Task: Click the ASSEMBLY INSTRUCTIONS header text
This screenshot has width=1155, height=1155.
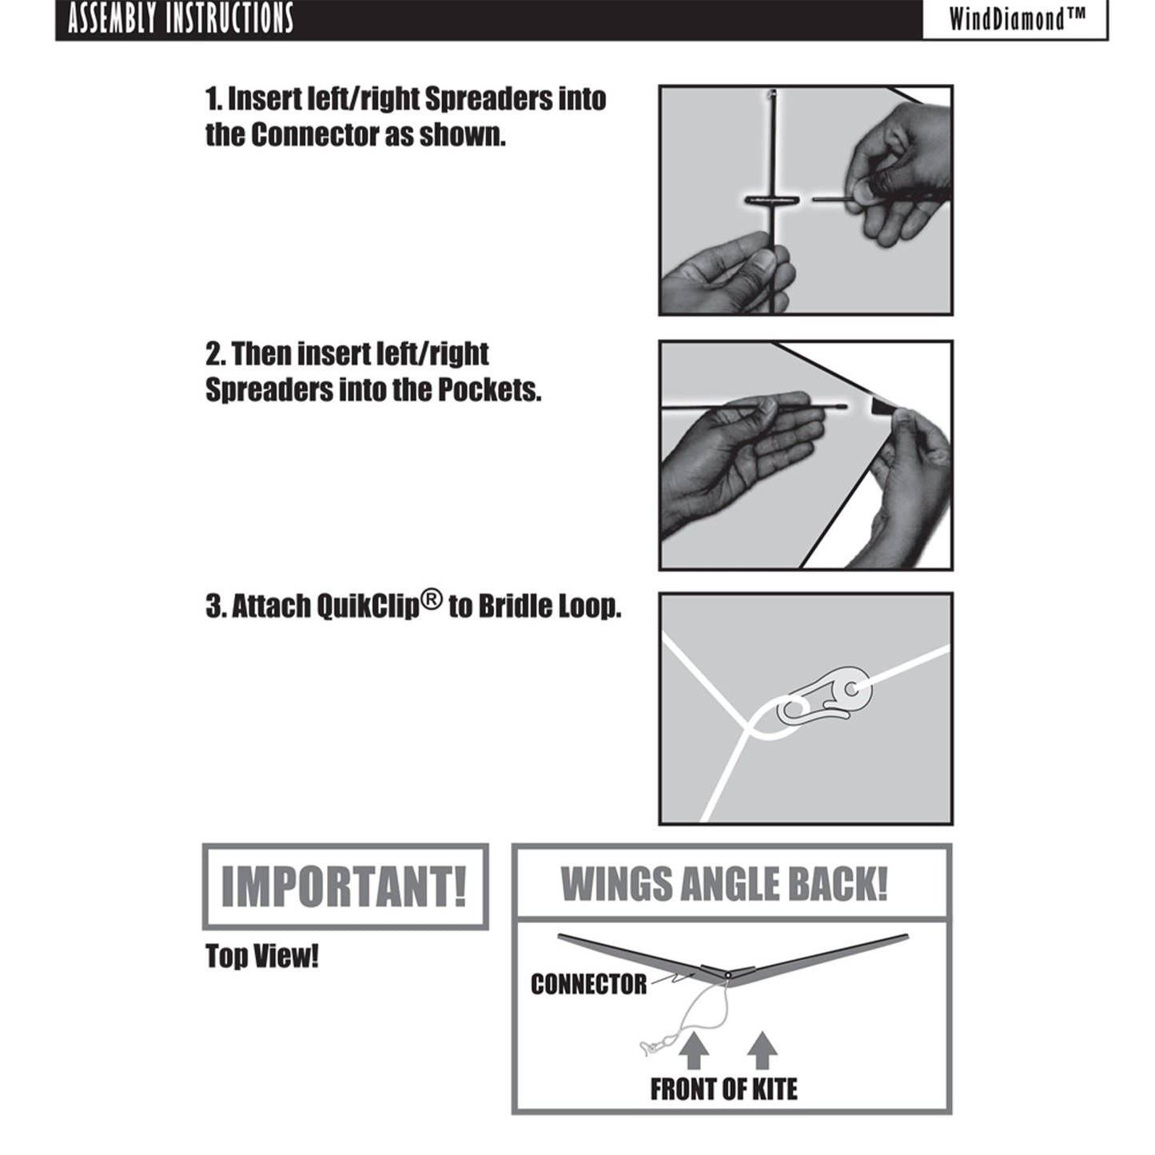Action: click(181, 18)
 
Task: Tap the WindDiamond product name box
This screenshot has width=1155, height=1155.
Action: click(1015, 20)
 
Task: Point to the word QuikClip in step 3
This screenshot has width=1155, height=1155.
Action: click(368, 607)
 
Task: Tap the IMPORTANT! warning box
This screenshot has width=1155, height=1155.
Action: click(345, 887)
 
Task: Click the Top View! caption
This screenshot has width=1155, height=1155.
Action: click(262, 956)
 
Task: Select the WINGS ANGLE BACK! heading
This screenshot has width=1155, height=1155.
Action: click(724, 884)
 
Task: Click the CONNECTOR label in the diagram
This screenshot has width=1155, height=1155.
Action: click(588, 984)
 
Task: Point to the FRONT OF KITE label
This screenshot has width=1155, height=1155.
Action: click(724, 1089)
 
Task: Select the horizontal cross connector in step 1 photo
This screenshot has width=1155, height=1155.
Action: click(772, 200)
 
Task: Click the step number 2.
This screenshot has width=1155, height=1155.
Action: click(214, 354)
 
